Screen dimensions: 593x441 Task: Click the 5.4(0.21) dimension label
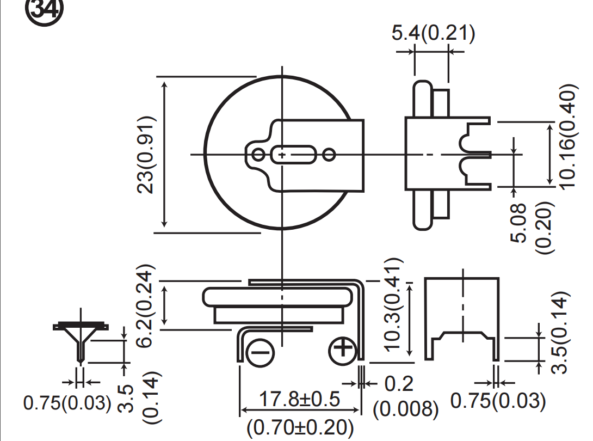pos(433,33)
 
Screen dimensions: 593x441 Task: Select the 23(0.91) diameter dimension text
pos(146,155)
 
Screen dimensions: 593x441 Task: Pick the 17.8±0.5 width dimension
pos(299,399)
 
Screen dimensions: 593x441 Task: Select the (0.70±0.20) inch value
pos(300,427)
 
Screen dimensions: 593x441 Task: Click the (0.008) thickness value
pos(406,409)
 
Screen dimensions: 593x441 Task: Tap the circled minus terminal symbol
pos(260,353)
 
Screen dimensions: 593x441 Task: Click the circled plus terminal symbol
pos(343,352)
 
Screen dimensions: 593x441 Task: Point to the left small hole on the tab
pos(258,155)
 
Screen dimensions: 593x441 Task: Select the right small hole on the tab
pos(329,155)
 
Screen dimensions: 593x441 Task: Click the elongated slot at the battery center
pos(293,155)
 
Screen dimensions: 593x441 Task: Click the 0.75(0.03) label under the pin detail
pos(67,402)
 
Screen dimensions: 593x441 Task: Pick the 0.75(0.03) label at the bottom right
pos(498,401)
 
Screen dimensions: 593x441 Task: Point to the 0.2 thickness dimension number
pos(399,384)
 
